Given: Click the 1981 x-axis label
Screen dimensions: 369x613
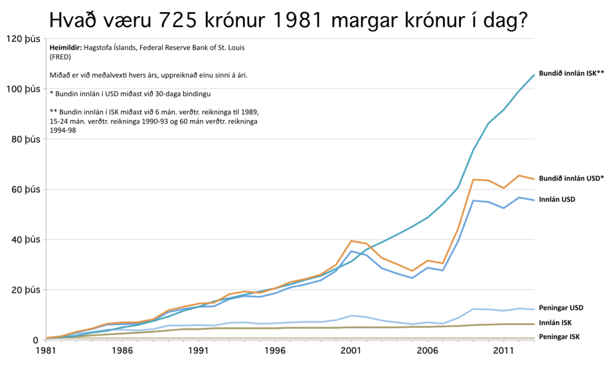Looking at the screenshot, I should point(47,351).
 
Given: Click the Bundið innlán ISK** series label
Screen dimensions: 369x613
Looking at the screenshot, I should point(571,73).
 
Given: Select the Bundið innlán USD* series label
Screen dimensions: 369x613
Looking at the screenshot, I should point(572,179).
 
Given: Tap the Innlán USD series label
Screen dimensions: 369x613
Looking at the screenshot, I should point(557,199).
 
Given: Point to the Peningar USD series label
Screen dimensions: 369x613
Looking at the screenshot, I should point(561,308).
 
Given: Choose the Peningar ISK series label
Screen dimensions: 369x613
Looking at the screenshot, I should point(559,337).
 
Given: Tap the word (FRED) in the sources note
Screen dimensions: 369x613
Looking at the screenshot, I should point(60,57).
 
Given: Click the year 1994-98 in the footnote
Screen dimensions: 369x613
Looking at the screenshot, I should point(63,130).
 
